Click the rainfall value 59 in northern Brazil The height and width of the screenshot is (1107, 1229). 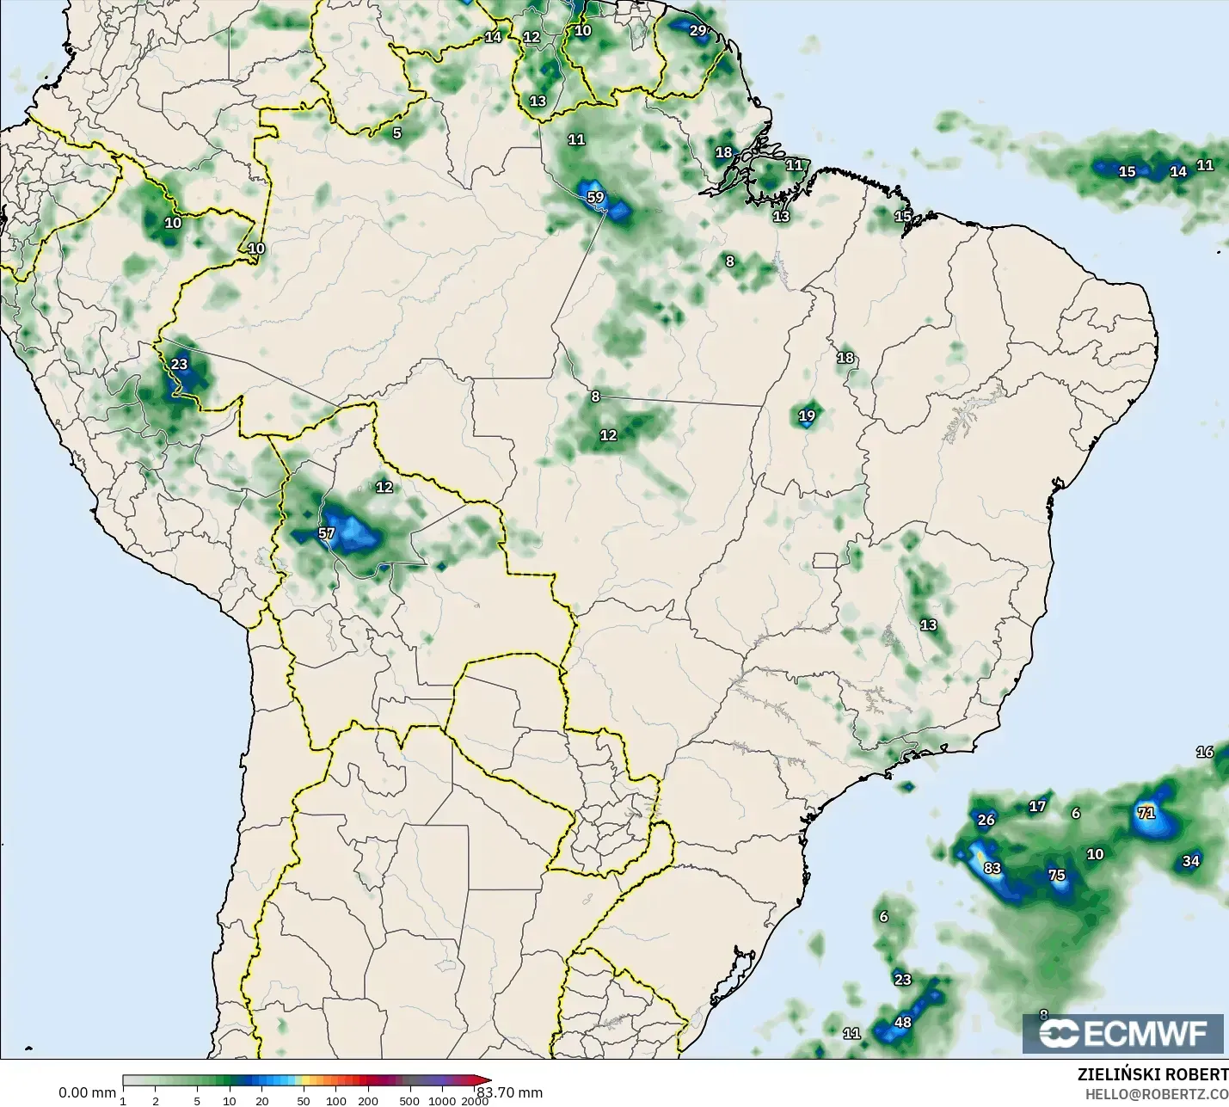tap(595, 197)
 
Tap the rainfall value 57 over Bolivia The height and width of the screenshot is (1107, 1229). tap(326, 533)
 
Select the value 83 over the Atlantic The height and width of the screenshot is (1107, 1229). tap(992, 868)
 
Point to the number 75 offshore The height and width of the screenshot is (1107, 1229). tap(1056, 875)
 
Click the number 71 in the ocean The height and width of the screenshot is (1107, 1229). tap(1146, 812)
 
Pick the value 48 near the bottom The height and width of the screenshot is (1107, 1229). tap(902, 1023)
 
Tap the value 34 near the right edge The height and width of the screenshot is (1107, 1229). tap(1190, 861)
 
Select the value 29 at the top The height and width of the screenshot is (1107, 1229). tap(697, 30)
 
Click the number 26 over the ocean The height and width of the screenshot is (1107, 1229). tap(986, 820)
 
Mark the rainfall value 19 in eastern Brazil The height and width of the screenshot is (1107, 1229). tap(807, 416)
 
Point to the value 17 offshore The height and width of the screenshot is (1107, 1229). tap(1037, 806)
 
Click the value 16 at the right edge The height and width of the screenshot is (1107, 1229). tap(1204, 752)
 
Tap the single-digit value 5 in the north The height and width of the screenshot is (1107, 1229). tap(396, 133)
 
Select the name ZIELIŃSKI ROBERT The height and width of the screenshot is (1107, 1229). tap(1152, 1074)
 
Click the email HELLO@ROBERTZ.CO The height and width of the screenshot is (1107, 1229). tap(1156, 1093)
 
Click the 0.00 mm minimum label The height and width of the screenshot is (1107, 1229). tap(87, 1092)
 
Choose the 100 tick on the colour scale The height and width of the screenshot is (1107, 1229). tap(336, 1101)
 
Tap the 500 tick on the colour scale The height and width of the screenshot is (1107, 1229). tap(409, 1101)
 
